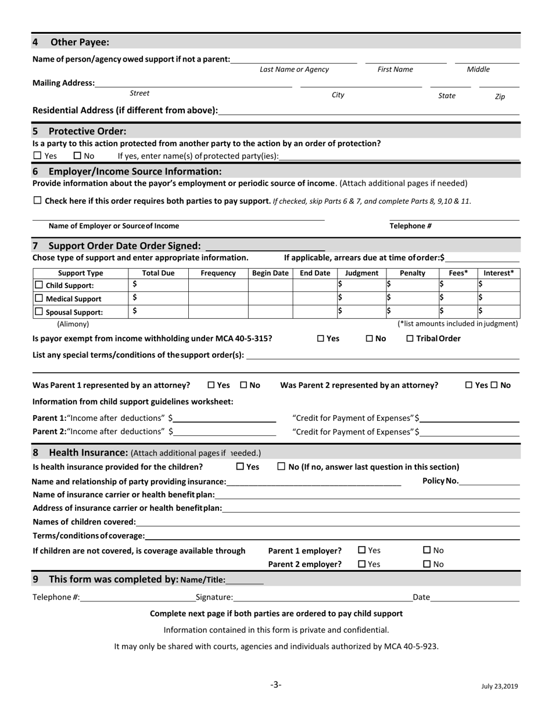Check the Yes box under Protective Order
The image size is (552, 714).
click(x=38, y=156)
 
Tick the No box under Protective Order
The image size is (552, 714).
click(x=78, y=156)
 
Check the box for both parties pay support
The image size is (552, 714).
click(x=38, y=201)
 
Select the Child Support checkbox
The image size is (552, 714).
click(x=39, y=285)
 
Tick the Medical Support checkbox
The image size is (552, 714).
click(x=39, y=298)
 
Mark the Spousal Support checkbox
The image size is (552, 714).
click(x=39, y=312)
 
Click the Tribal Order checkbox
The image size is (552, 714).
click(x=410, y=338)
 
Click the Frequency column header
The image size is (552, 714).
click(x=218, y=273)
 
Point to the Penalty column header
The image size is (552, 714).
click(x=413, y=273)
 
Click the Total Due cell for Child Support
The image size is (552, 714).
click(x=158, y=285)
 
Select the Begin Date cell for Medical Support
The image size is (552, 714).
click(x=270, y=298)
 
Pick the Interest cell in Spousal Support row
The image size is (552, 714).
click(x=499, y=311)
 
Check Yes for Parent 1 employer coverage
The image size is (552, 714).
click(x=362, y=550)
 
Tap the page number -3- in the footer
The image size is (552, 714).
click(x=276, y=685)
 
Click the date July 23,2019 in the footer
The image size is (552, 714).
click(x=499, y=686)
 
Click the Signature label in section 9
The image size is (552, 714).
click(x=214, y=597)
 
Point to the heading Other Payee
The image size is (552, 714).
click(x=80, y=42)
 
